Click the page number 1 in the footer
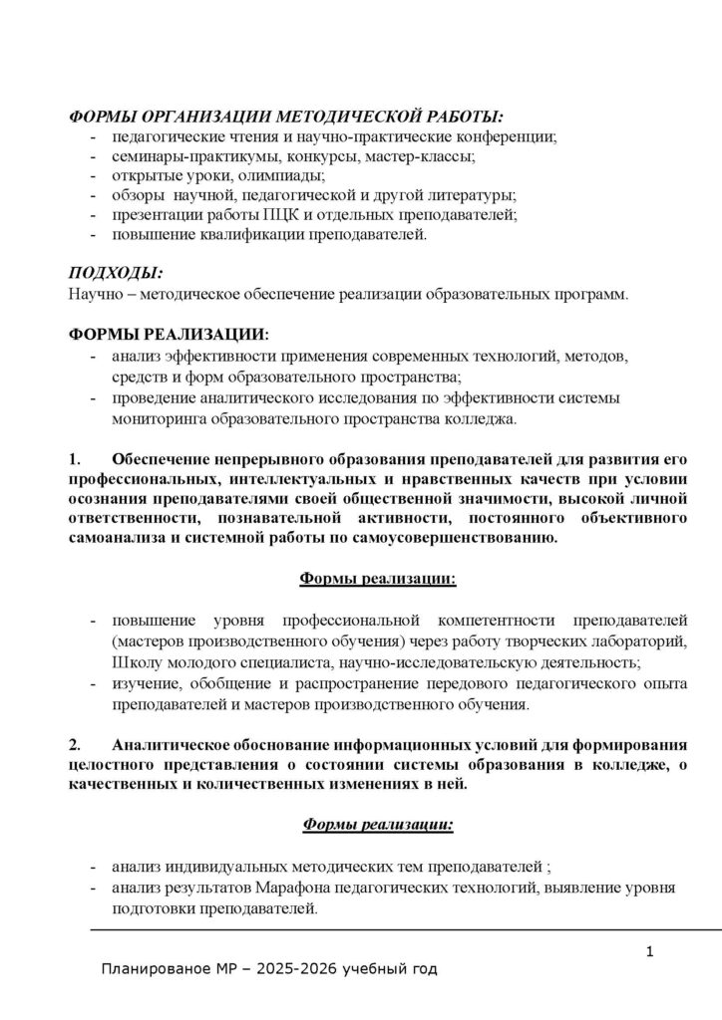649,953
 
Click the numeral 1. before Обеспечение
74,461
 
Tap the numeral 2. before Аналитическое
74,744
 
